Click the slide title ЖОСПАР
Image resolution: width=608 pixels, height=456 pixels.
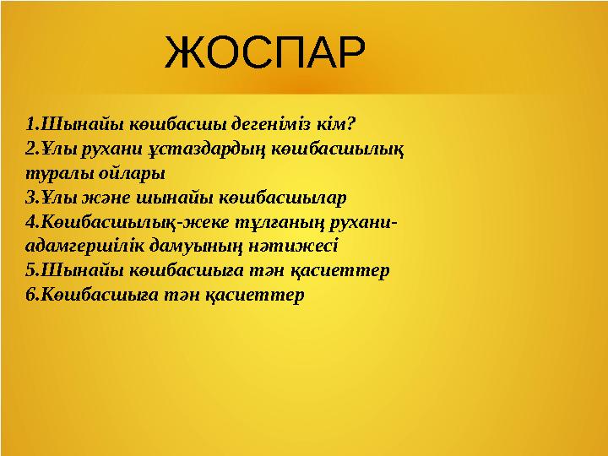pos(265,53)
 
